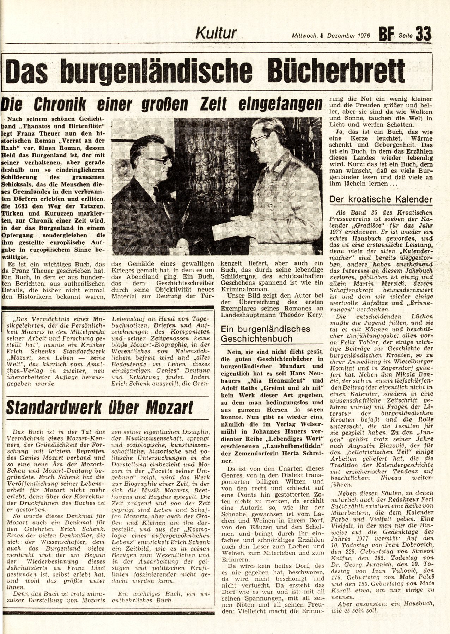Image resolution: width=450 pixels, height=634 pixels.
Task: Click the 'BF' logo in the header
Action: pyautogui.click(x=386, y=35)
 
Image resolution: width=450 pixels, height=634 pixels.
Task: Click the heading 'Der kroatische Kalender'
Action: pyautogui.click(x=381, y=200)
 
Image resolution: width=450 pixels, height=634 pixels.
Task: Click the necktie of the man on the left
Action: pyautogui.click(x=158, y=197)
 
